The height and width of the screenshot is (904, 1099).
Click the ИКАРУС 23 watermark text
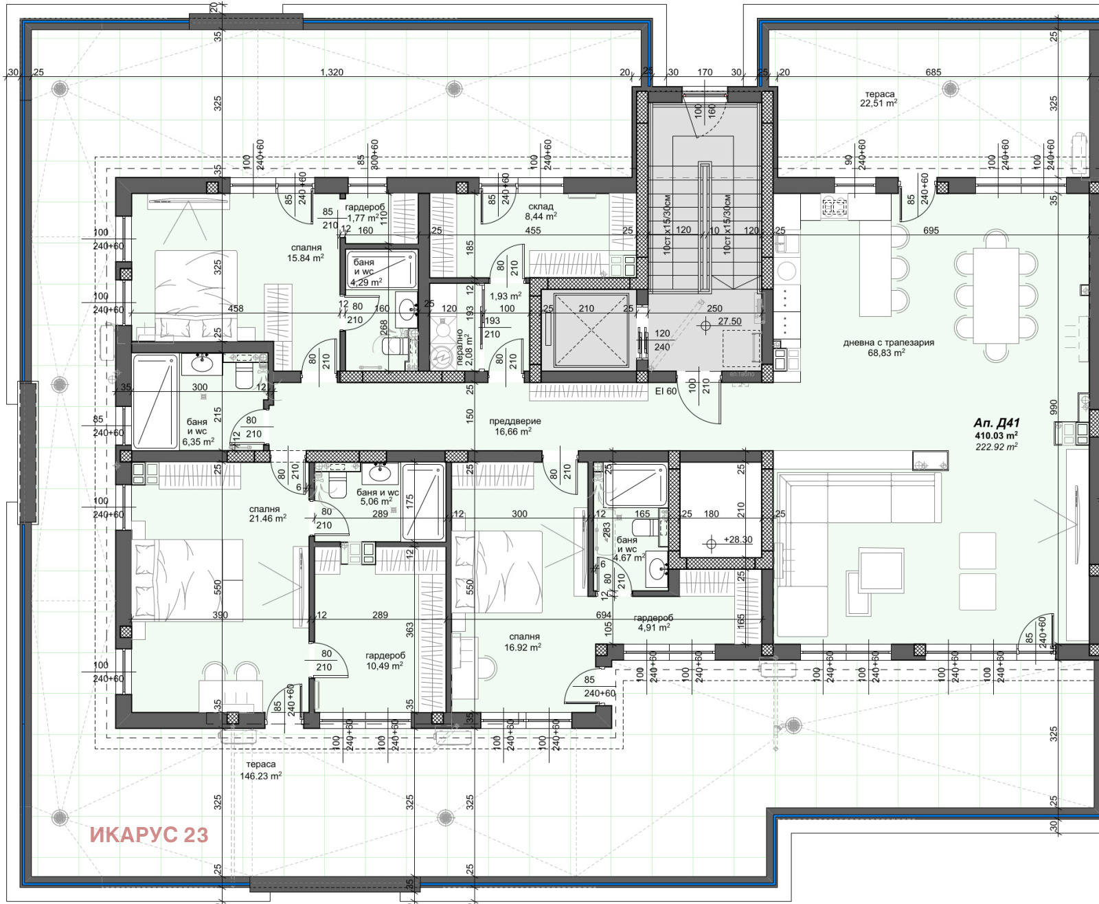[148, 835]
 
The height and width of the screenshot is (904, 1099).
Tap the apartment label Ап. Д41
[996, 423]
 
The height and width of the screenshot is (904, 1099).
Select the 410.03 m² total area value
[996, 435]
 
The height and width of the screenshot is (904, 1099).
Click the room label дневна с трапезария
[888, 342]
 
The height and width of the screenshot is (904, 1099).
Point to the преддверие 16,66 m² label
[514, 426]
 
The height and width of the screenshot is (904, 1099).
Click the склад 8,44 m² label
[541, 211]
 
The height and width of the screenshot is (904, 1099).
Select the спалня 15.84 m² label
[306, 253]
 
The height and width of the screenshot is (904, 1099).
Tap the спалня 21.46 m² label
[267, 514]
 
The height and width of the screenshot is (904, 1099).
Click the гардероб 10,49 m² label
[385, 661]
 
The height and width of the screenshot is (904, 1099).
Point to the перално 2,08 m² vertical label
[464, 347]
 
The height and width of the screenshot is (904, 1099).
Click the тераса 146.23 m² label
[260, 770]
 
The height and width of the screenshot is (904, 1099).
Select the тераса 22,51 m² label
[879, 99]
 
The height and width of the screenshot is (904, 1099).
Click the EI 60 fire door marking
[666, 391]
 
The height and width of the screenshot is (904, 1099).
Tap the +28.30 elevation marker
[737, 540]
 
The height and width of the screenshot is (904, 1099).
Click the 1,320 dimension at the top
[332, 72]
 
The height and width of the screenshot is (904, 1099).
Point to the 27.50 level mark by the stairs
[729, 321]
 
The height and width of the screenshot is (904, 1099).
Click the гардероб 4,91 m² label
[653, 623]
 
